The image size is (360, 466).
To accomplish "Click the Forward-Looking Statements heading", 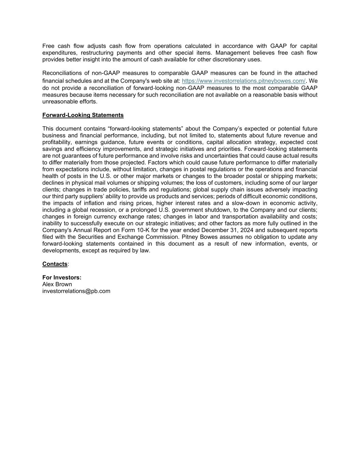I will (83, 115).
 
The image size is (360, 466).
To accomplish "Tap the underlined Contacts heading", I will (55, 264).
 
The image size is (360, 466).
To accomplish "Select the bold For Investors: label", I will (62, 278).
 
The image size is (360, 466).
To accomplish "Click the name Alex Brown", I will (57, 284).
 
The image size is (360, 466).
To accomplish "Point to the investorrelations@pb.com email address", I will (76, 291).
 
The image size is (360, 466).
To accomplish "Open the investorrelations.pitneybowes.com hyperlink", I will (244, 81).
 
